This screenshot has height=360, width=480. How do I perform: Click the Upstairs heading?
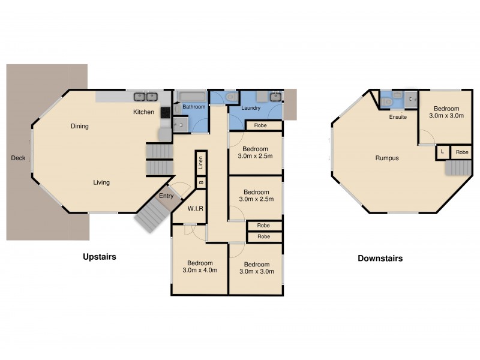click(x=99, y=257)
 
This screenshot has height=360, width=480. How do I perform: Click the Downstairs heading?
click(x=380, y=259)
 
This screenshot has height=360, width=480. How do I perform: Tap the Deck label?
click(x=18, y=158)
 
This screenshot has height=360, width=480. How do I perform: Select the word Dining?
click(x=79, y=126)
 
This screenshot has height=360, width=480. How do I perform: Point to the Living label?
click(x=101, y=182)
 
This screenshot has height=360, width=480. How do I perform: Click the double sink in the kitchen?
click(x=145, y=96)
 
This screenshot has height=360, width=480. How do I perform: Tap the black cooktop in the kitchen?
click(x=165, y=112)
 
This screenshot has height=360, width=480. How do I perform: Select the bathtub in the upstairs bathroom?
click(x=193, y=97)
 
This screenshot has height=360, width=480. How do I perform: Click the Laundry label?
click(x=251, y=109)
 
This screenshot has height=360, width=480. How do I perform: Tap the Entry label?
click(x=166, y=196)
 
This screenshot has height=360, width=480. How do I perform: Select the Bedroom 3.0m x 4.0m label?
click(x=199, y=267)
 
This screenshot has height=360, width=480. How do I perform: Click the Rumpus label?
click(x=387, y=158)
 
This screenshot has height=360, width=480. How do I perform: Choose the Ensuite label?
click(x=397, y=117)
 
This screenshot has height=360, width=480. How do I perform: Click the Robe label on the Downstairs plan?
click(x=461, y=152)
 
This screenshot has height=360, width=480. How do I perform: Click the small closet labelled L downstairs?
click(x=442, y=152)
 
